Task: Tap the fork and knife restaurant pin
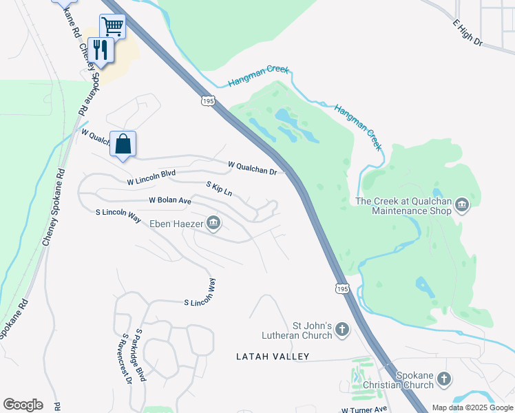[x=101, y=50]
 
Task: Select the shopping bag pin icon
[x=123, y=145]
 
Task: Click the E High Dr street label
[x=468, y=34]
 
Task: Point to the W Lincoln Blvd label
[x=151, y=178]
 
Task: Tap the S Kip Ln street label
[x=219, y=189]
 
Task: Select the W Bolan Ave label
[x=169, y=200]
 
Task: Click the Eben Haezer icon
[x=213, y=222]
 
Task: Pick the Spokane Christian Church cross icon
[x=444, y=379]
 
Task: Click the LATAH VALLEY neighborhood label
[x=273, y=357]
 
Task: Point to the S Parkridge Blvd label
[x=141, y=354]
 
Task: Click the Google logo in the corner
[x=23, y=405]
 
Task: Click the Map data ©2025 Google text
[x=472, y=407]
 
